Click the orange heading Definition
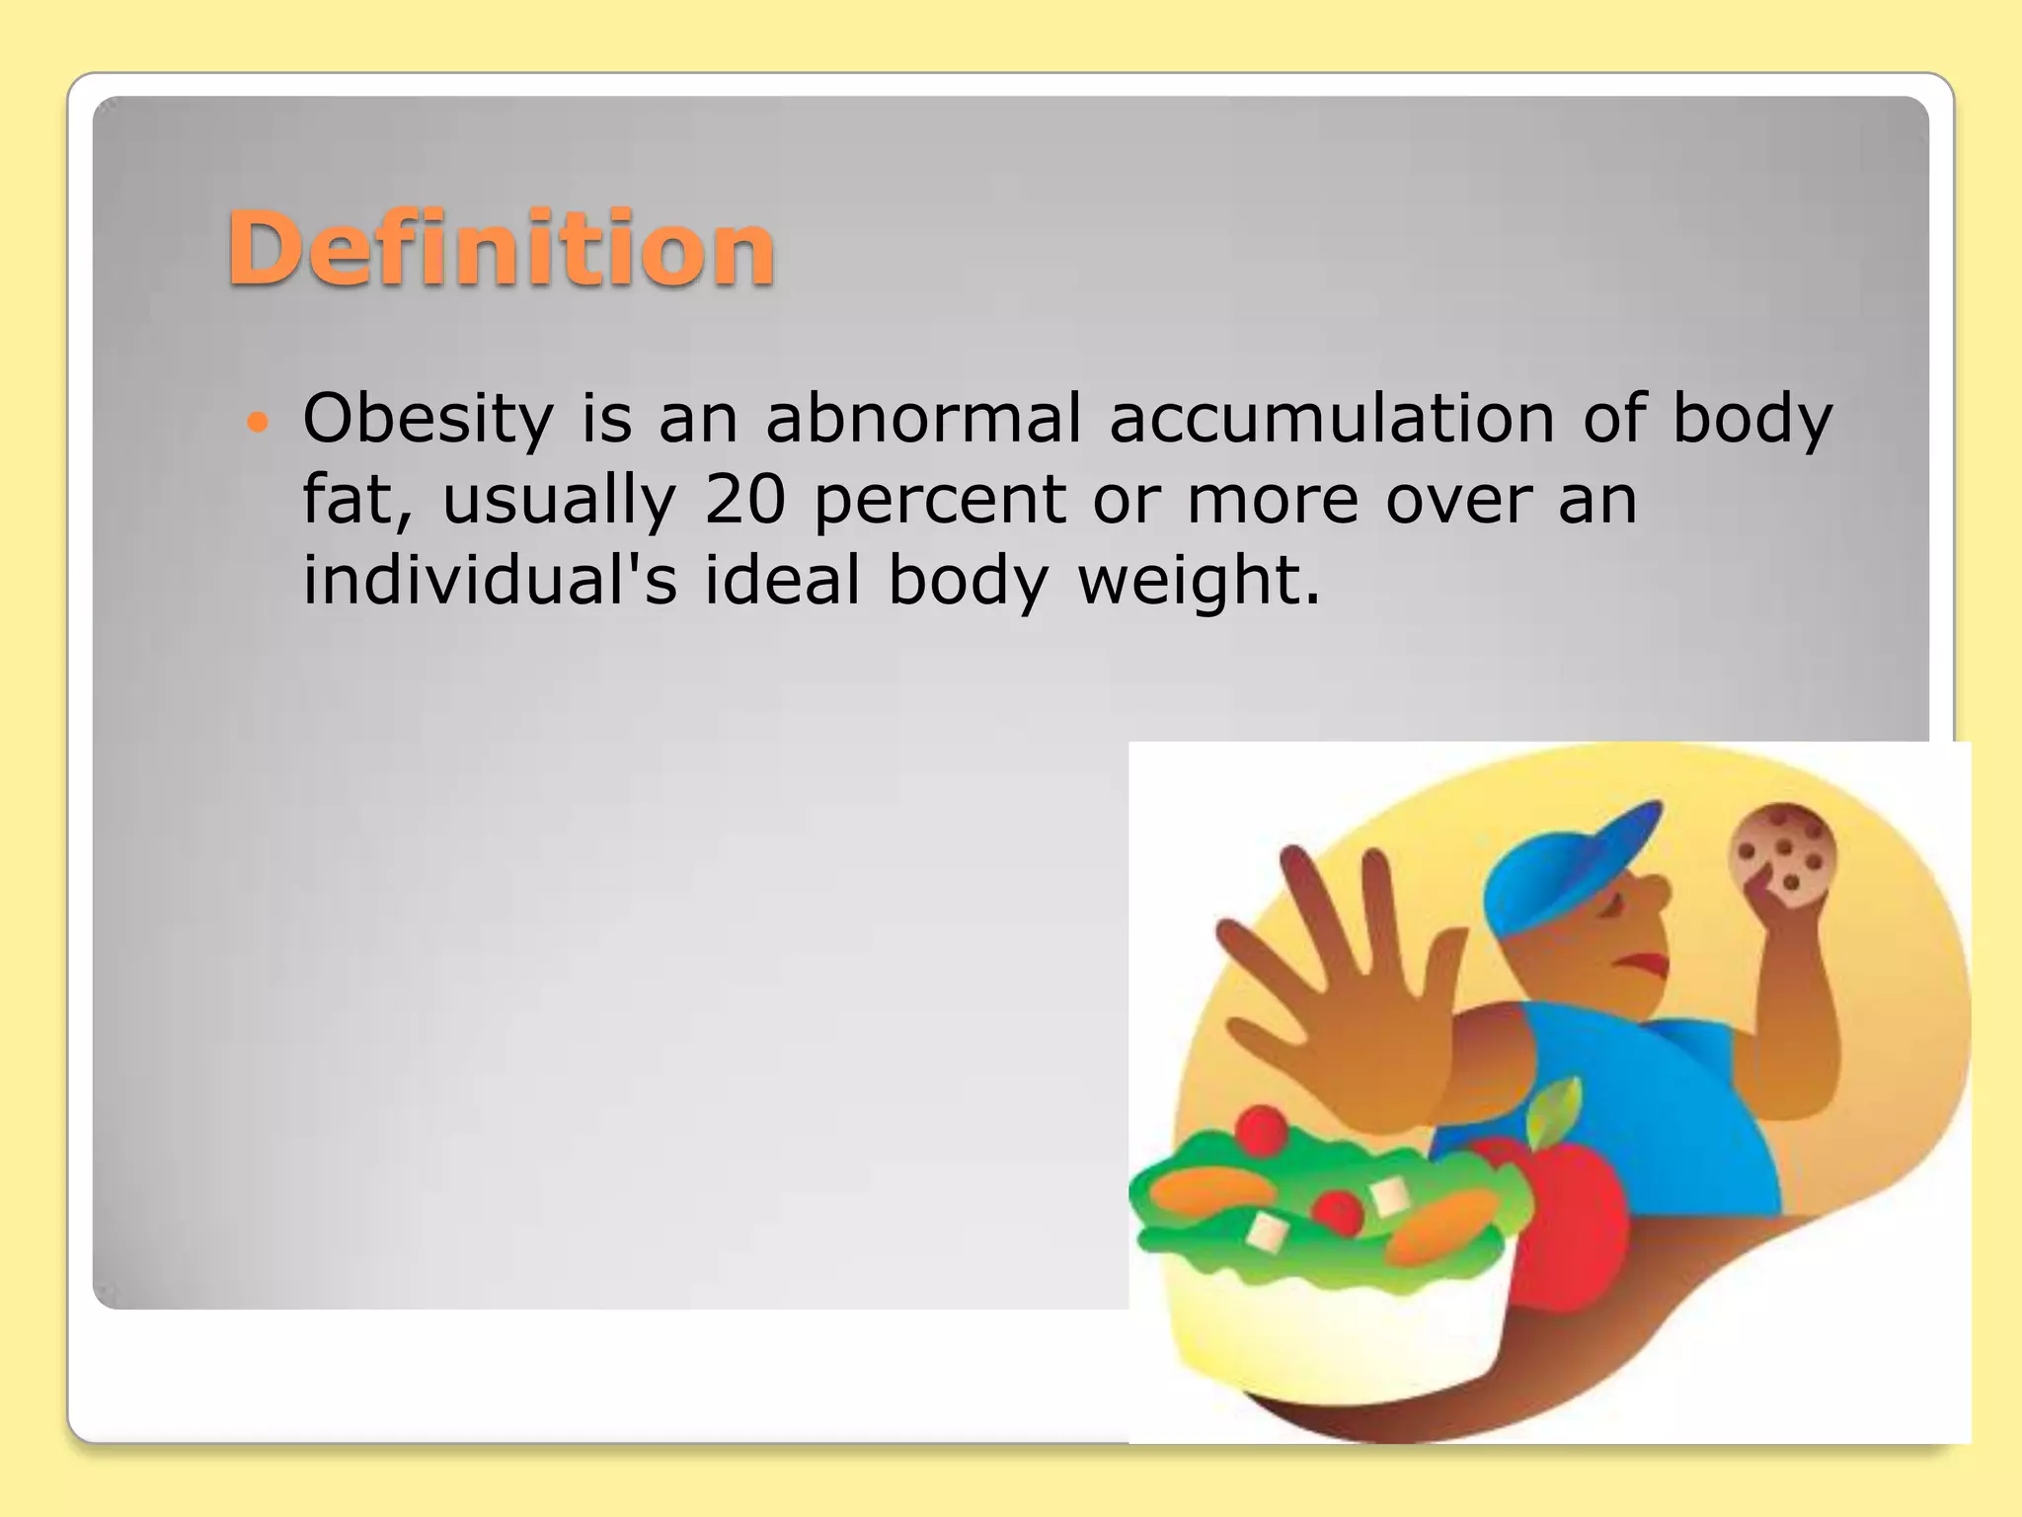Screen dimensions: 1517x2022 pyautogui.click(x=501, y=249)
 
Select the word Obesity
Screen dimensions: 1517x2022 pyautogui.click(x=428, y=419)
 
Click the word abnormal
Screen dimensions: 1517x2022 pyautogui.click(x=922, y=418)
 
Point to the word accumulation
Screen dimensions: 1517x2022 pyautogui.click(x=1332, y=418)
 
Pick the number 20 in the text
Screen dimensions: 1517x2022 pyautogui.click(x=744, y=500)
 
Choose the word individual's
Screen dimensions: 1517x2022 pyautogui.click(x=490, y=580)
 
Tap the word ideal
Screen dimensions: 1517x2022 pyautogui.click(x=782, y=580)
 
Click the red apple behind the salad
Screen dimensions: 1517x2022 pyautogui.click(x=1570, y=1225)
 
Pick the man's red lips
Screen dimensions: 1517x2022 pyautogui.click(x=1644, y=962)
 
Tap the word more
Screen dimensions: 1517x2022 pyautogui.click(x=1273, y=500)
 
